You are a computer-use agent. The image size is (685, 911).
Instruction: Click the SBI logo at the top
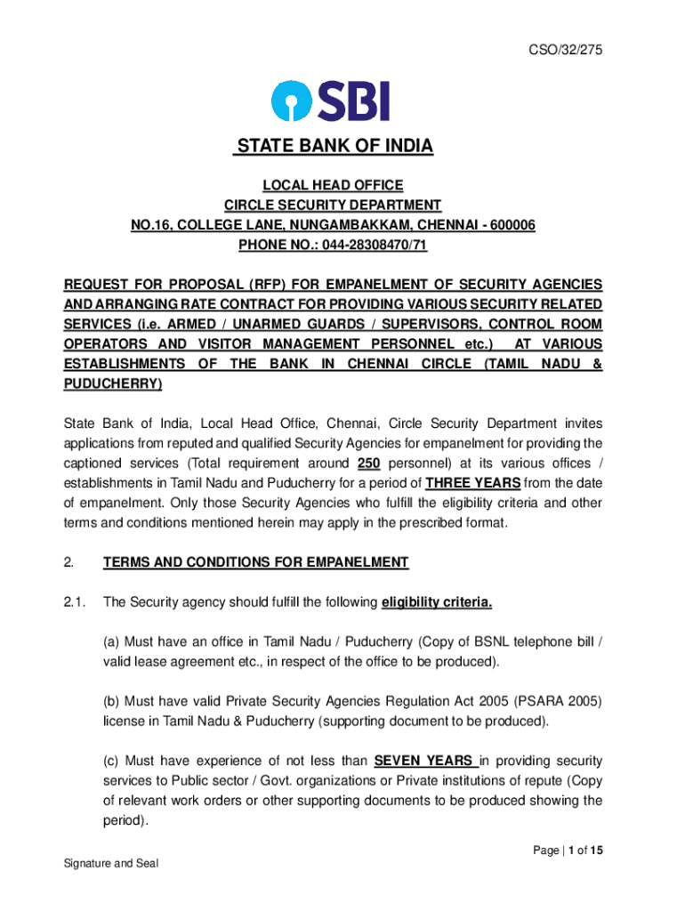332,101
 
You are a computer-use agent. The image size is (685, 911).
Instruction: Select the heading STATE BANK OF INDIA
333,146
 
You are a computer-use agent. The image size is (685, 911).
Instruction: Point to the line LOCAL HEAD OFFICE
332,185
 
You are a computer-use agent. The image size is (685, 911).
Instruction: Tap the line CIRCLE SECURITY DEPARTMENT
332,206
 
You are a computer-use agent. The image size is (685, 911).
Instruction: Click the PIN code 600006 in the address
507,225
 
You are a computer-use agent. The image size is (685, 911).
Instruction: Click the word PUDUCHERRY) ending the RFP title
112,383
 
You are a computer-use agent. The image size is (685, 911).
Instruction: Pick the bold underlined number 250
369,464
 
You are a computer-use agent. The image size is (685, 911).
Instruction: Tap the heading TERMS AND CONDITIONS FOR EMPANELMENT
255,562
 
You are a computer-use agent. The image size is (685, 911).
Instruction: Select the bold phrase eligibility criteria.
436,602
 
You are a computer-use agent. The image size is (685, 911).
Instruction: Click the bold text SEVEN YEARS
423,761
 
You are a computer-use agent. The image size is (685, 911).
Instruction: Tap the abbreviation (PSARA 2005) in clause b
560,701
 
